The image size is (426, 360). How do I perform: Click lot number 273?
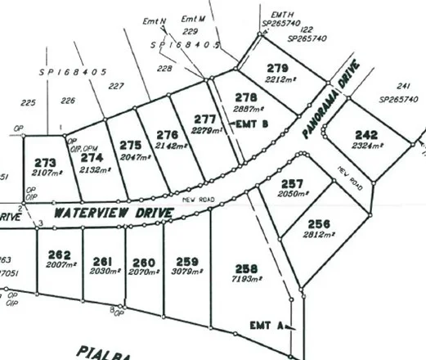click(x=46, y=164)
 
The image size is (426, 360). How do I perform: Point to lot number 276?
click(x=167, y=134)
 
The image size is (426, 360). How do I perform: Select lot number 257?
click(x=290, y=183)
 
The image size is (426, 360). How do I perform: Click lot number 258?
click(x=246, y=268)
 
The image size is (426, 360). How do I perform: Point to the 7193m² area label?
click(x=245, y=280)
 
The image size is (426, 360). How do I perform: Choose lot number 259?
click(x=183, y=262)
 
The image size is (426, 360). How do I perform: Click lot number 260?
click(x=144, y=263)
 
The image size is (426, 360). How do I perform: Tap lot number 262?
click(x=61, y=254)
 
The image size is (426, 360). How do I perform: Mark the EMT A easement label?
click(x=267, y=326)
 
